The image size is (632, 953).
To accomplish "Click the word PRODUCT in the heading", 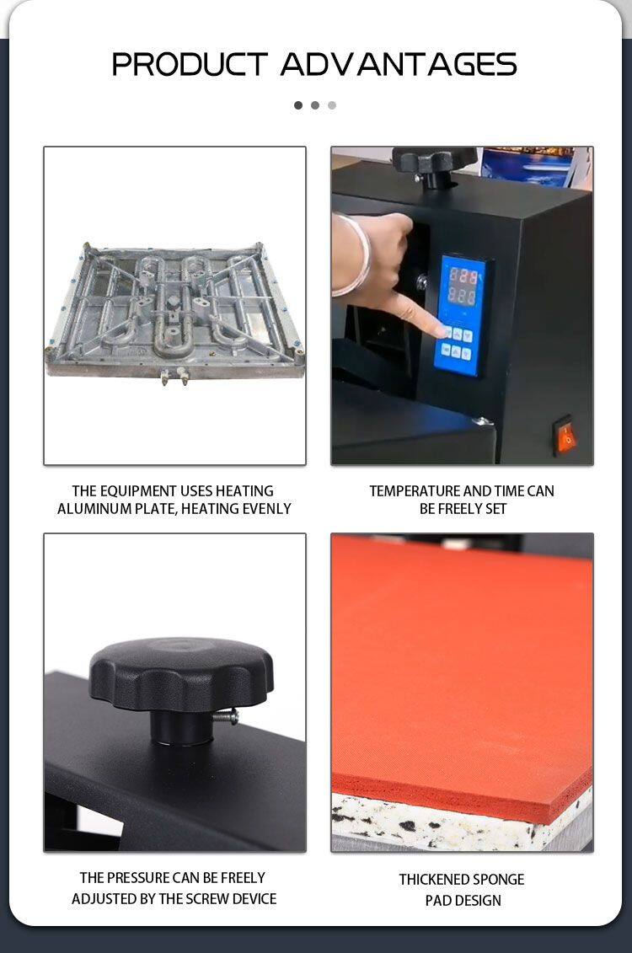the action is (190, 64).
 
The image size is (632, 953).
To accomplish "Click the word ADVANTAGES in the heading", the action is (399, 64).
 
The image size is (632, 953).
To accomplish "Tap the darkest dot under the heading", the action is (297, 105).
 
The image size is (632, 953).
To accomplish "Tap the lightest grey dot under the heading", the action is (332, 105).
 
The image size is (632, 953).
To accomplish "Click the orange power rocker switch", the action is (565, 436).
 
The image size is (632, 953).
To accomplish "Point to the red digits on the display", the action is (462, 286).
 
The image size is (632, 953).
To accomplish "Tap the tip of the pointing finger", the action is (445, 331).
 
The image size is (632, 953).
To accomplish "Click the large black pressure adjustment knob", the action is (181, 675).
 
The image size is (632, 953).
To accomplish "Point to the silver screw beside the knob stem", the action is (226, 718).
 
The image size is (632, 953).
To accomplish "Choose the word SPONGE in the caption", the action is (498, 880).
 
